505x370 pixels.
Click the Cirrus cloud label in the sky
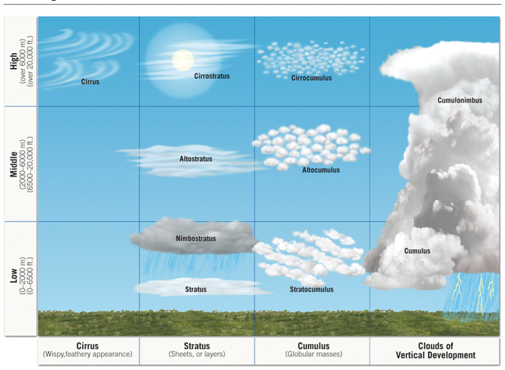[90, 81]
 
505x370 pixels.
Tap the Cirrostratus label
[212, 76]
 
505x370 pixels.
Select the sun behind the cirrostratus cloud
[183, 60]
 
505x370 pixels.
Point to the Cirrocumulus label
[312, 78]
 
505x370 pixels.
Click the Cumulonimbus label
[460, 100]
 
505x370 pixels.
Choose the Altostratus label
[196, 159]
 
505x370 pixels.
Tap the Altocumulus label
[321, 170]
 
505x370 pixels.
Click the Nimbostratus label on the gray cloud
[196, 238]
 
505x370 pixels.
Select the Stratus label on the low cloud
[196, 290]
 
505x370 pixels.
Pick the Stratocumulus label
[312, 290]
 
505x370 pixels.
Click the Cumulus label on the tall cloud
[417, 251]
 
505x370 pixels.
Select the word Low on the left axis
[15, 279]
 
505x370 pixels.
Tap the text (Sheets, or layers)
[197, 355]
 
